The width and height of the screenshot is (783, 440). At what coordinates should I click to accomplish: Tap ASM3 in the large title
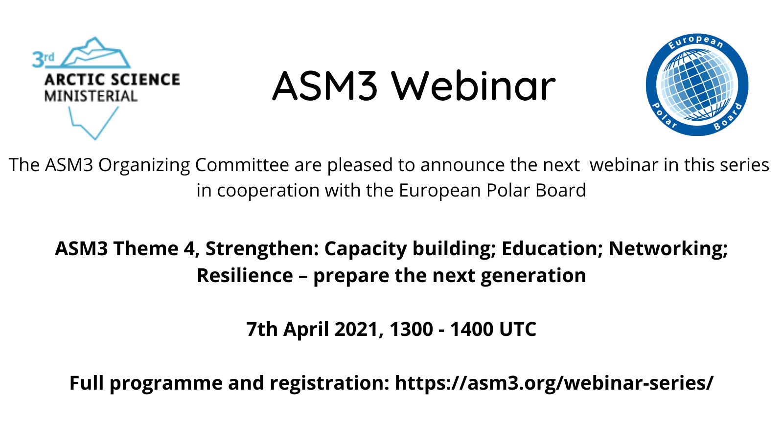coord(325,86)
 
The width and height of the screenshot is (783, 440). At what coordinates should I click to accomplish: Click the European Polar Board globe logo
coord(697,85)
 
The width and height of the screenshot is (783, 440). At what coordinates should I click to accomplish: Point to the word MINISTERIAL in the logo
coord(91,96)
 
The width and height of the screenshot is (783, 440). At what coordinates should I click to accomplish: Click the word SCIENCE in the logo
coord(146,80)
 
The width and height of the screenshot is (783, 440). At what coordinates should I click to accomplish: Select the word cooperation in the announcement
coord(269,191)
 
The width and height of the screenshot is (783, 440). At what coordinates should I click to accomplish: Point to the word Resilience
coord(245,275)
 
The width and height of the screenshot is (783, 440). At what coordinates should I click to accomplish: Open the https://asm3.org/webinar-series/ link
coord(554,383)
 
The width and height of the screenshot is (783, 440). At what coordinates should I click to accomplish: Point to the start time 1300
coord(412,329)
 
